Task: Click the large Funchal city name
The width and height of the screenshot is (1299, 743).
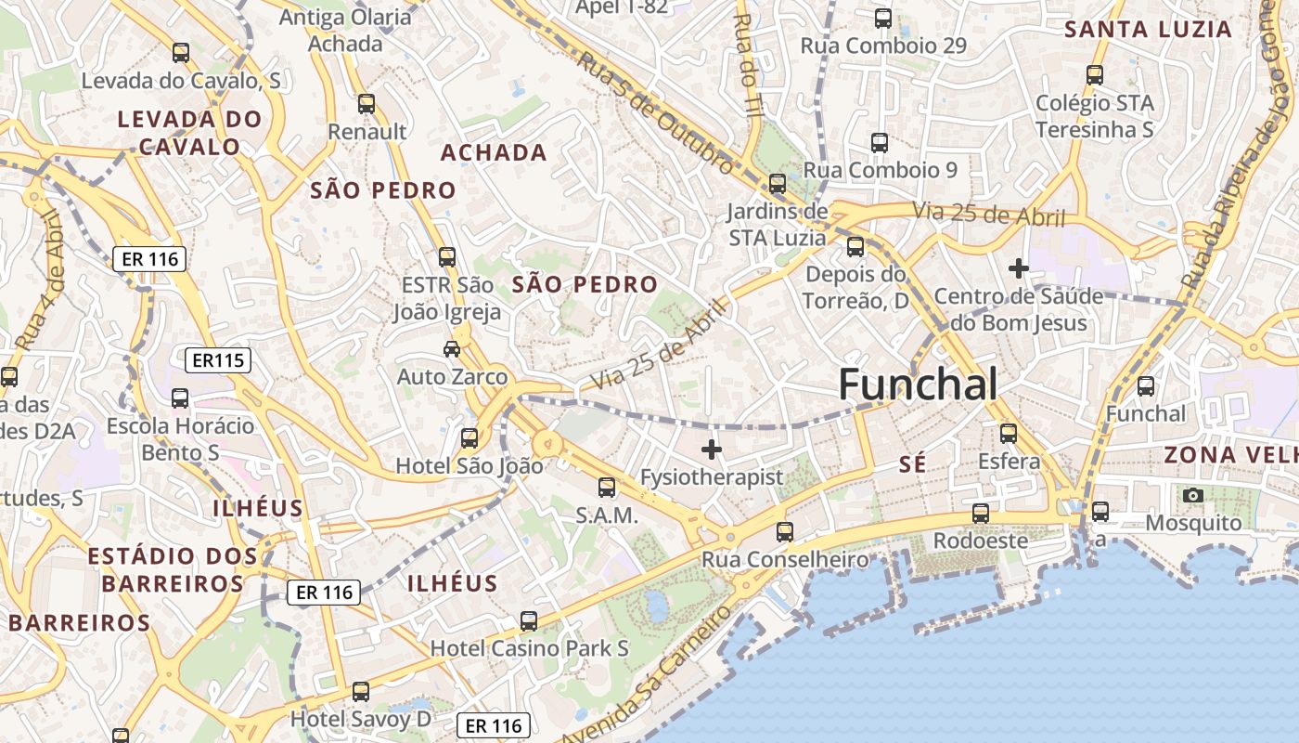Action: [918, 385]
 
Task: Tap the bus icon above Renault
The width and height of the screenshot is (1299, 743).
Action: [367, 104]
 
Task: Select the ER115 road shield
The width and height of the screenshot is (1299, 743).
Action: [219, 360]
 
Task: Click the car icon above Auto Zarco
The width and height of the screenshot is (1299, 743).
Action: [452, 349]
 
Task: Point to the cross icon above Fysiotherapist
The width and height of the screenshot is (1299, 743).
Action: [712, 450]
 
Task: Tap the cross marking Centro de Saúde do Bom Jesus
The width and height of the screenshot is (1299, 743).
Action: [1019, 268]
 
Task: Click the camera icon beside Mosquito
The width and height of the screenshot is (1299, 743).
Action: [1193, 496]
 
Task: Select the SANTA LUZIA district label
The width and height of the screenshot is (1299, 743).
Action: [1148, 29]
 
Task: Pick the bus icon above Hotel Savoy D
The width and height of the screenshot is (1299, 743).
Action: [361, 692]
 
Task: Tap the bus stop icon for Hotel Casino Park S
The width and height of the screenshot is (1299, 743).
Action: [529, 621]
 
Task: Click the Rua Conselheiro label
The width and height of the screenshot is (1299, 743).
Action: [785, 560]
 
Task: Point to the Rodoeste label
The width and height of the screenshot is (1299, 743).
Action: [980, 541]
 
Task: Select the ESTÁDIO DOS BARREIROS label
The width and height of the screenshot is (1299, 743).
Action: [173, 570]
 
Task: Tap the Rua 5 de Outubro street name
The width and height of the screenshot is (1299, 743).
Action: [655, 112]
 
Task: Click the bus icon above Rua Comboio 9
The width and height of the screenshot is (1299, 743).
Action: [880, 143]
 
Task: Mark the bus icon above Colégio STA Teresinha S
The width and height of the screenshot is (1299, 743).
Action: [1095, 75]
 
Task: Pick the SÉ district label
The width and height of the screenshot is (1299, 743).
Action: [913, 465]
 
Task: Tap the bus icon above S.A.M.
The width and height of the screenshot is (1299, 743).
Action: [607, 488]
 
